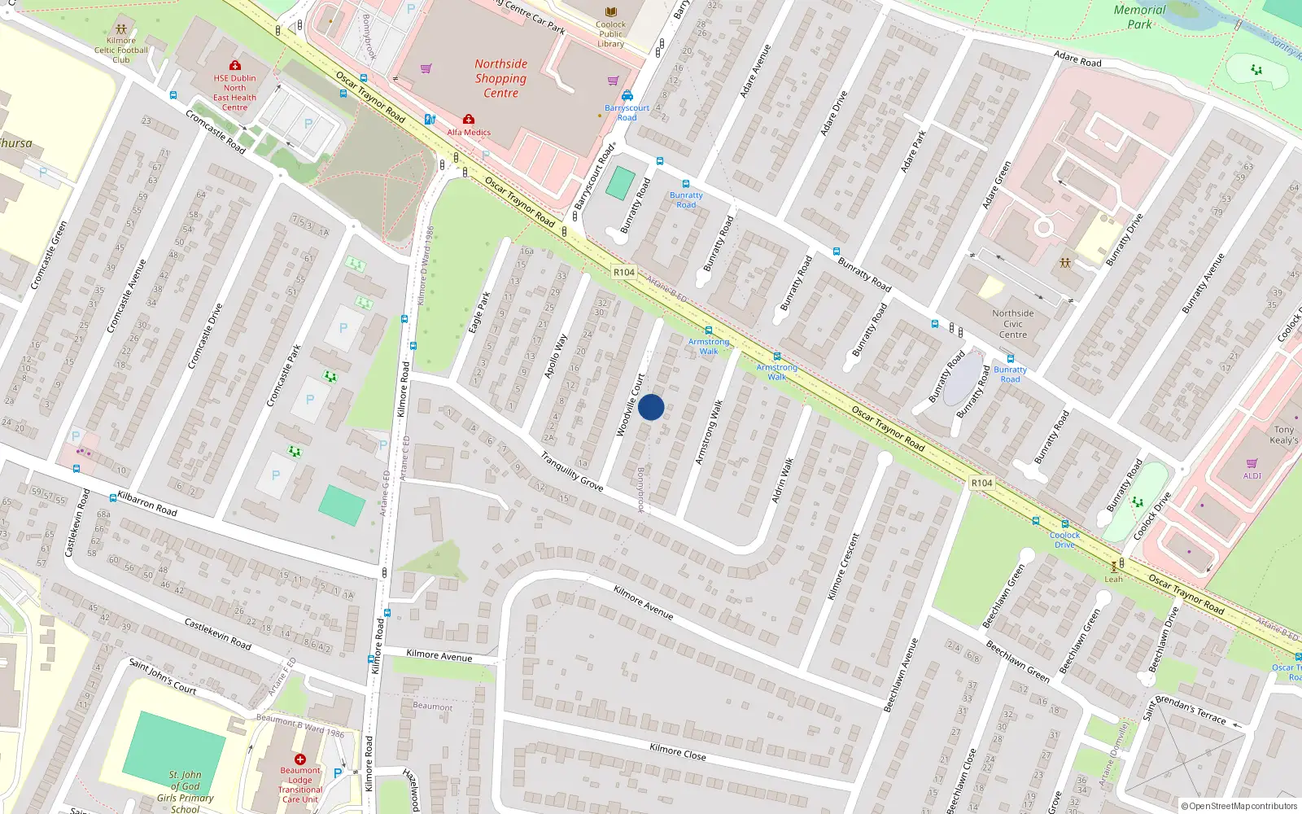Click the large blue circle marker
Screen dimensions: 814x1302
(x=651, y=407)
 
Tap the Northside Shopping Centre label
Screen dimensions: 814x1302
(x=500, y=78)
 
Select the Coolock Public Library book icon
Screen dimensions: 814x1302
(x=610, y=11)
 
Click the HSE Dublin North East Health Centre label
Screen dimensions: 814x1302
(x=234, y=93)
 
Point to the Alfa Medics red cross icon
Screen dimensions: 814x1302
(x=469, y=120)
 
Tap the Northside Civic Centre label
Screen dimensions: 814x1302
(x=1013, y=324)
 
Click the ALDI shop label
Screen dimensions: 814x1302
(x=1252, y=476)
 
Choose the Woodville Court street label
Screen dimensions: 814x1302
(x=630, y=405)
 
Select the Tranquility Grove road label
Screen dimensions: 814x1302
(x=572, y=472)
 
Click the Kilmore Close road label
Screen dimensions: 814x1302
(x=678, y=751)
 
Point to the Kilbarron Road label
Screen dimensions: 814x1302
(x=147, y=503)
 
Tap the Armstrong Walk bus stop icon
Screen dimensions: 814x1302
(x=709, y=330)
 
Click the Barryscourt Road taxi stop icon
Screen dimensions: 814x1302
(x=627, y=96)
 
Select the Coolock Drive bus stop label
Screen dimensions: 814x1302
(x=1064, y=540)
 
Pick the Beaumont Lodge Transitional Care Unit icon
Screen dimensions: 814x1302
(x=300, y=759)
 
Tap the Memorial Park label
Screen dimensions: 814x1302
(x=1139, y=17)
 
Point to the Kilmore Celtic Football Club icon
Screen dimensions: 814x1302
(x=121, y=28)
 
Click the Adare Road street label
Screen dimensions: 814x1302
(x=1077, y=59)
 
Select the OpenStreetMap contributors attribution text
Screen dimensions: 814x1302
(x=1239, y=806)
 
